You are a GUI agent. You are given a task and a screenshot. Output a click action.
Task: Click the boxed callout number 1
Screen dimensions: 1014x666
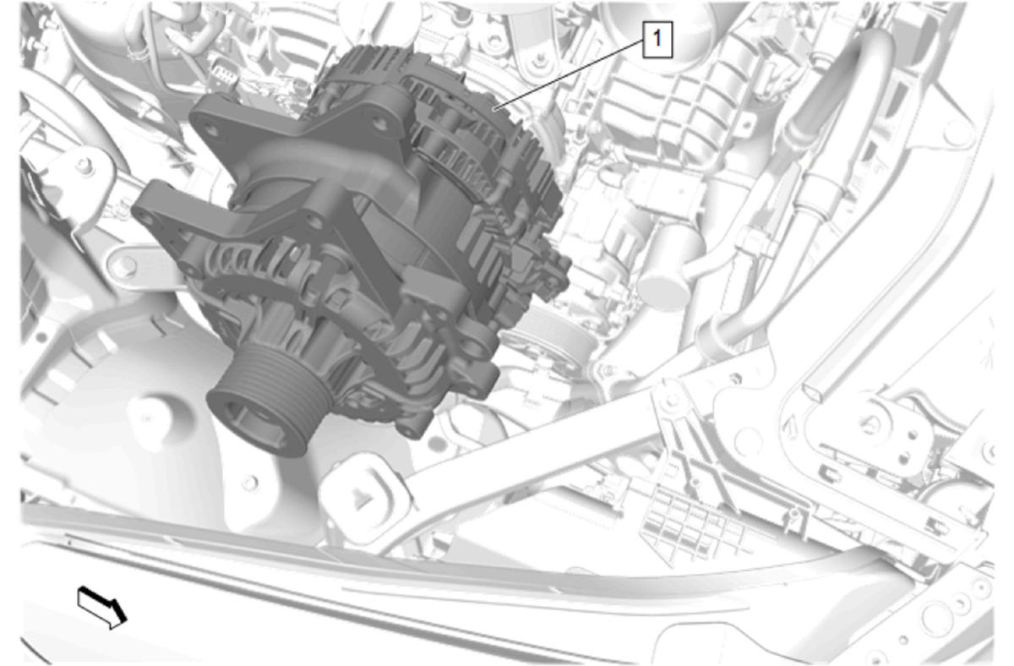[x=657, y=39]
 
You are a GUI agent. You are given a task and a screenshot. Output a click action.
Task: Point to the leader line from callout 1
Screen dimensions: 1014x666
[x=570, y=74]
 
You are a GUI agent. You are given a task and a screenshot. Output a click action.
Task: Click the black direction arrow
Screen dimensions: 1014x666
[x=102, y=608]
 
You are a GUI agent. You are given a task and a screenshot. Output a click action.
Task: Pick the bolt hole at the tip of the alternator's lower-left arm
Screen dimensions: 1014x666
[x=145, y=219]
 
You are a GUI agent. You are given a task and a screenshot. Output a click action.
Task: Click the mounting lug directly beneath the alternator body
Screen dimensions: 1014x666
[x=413, y=426]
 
